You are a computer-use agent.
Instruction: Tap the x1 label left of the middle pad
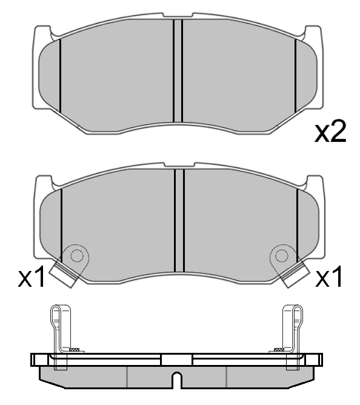32,278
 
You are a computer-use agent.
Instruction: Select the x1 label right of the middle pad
330,278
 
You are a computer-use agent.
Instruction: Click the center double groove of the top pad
178,72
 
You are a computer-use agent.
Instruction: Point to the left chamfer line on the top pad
61,76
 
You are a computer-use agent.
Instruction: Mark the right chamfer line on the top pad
295,76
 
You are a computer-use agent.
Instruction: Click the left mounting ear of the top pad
42,36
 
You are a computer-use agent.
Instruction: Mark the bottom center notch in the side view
176,380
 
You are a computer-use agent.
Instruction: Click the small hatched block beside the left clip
75,350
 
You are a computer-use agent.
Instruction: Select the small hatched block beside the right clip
278,350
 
